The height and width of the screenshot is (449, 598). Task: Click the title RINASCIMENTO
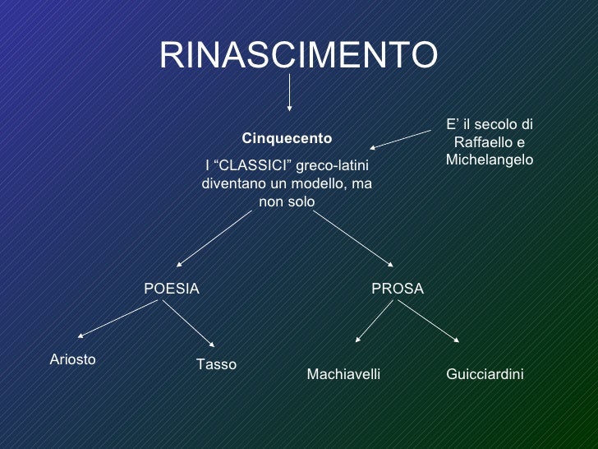[x=298, y=55]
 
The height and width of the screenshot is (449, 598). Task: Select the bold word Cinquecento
[x=287, y=137]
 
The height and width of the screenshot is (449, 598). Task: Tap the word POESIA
[x=172, y=289]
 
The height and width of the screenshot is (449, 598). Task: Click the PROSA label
[x=398, y=289]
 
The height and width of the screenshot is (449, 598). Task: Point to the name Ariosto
[x=73, y=359]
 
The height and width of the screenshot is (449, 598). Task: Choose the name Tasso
[x=216, y=364]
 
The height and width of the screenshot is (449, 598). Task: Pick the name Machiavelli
[x=343, y=374]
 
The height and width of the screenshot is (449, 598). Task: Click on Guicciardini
[x=485, y=374]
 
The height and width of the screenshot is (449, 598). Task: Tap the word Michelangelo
[x=490, y=159]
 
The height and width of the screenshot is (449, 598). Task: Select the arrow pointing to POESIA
[x=214, y=239]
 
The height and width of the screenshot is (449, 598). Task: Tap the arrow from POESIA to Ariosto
[x=117, y=318]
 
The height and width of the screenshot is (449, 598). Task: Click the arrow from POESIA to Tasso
[x=188, y=322]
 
